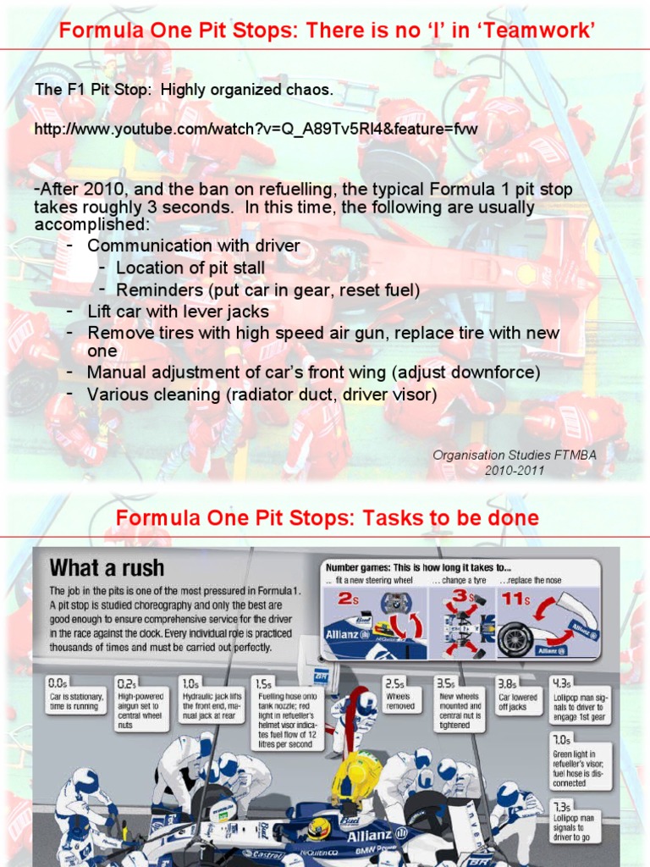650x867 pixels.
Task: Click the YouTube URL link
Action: [x=256, y=130]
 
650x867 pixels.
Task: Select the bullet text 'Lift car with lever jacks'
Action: [x=178, y=311]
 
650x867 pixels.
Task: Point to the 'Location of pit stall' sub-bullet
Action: [x=190, y=268]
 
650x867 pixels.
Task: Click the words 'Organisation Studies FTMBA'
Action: [x=515, y=455]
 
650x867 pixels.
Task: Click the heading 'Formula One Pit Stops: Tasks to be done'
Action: [x=327, y=517]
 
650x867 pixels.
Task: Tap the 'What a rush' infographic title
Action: [x=107, y=567]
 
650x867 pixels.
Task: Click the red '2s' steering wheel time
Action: [x=350, y=600]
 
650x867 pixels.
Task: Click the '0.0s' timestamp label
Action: [x=58, y=682]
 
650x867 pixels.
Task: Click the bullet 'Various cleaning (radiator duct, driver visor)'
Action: [x=262, y=394]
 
